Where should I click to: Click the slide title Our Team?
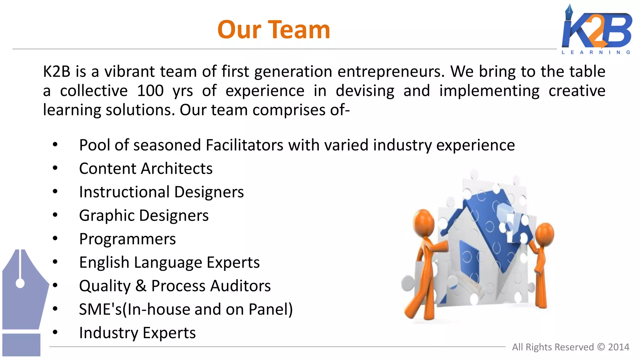(x=273, y=30)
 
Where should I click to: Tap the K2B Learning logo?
(x=597, y=30)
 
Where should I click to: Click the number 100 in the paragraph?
(x=150, y=91)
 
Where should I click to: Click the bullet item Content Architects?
(x=146, y=168)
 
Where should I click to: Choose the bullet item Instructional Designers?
(x=161, y=192)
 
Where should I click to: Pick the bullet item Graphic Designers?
(x=144, y=215)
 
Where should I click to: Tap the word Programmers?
(x=127, y=239)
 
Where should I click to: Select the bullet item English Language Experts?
(x=169, y=262)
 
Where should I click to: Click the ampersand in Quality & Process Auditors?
(x=141, y=286)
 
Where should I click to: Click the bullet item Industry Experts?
(x=137, y=333)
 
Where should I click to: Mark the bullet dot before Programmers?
(x=55, y=238)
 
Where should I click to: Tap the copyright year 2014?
(x=618, y=347)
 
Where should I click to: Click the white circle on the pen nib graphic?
(x=20, y=283)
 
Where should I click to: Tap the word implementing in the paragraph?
(x=489, y=91)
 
